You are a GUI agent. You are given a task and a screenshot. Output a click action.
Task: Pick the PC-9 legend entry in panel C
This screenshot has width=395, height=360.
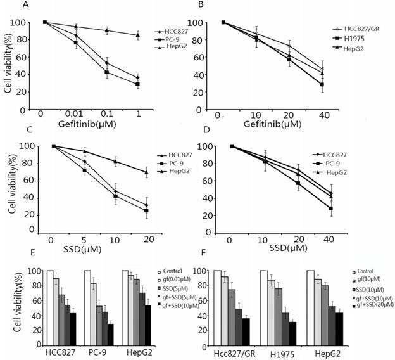[x=168, y=164]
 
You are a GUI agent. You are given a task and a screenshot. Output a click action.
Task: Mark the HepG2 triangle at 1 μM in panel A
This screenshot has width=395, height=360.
[x=138, y=35]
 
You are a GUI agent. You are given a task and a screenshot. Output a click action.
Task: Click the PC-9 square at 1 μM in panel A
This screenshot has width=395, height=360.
[x=138, y=84]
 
